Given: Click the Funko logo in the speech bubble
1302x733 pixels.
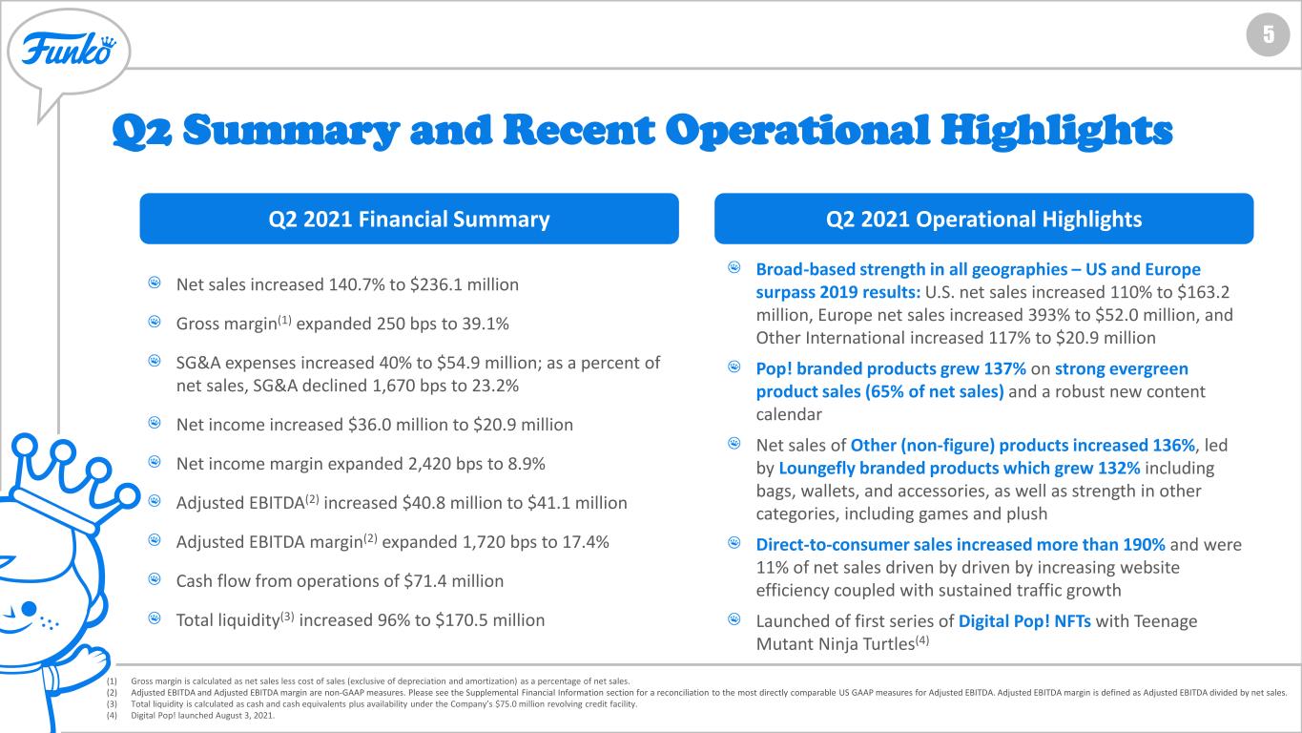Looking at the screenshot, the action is pos(69,50).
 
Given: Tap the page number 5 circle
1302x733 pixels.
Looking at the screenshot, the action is pos(1268,34).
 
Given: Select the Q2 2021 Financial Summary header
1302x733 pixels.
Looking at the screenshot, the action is pos(409,219).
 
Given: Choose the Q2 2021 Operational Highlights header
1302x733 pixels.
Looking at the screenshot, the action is pos(983,219).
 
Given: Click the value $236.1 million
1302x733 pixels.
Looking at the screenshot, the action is pos(464,284).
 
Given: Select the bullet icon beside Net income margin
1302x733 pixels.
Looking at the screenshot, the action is pos(154,462).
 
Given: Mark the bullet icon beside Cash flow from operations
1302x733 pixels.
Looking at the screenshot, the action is pos(154,578).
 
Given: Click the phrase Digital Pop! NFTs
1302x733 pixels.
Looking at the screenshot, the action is pos(1024,621).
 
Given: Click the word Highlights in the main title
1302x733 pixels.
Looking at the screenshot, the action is pos(1057,131).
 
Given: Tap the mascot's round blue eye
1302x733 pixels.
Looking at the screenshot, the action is pos(29,609).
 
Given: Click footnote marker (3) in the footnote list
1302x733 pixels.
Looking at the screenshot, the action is pos(112,704).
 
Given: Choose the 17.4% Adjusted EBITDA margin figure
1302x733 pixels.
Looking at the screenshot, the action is pos(586,542).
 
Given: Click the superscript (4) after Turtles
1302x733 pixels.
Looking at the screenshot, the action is pos(922,640).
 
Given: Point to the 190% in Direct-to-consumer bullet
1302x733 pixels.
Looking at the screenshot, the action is pos(1144,545).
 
